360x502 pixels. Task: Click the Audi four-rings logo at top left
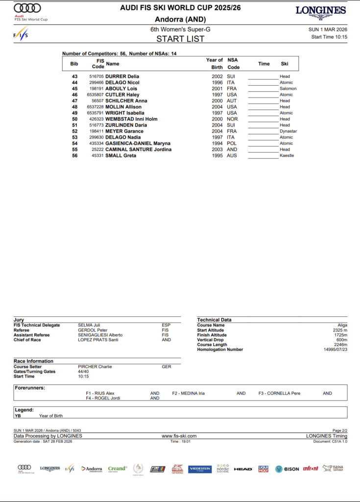[x=27, y=8]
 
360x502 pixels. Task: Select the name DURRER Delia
[x=122, y=76]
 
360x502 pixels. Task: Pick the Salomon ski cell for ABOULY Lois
[x=288, y=89]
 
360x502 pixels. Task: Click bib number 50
[x=74, y=119]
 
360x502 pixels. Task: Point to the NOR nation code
[x=232, y=119]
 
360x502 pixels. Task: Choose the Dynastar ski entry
[x=288, y=131]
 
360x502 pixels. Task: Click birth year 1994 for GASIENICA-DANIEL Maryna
[x=217, y=144]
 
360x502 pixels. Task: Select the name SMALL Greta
[x=120, y=156]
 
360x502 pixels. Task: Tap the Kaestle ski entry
[x=287, y=156]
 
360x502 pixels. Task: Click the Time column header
[x=264, y=64]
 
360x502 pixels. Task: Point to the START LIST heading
[x=180, y=39]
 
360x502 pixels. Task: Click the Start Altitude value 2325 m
[x=339, y=330]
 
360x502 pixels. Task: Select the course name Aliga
[x=342, y=325]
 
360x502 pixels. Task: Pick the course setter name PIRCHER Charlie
[x=95, y=367]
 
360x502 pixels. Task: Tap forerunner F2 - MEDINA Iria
[x=188, y=393]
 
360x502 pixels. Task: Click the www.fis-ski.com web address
[x=179, y=436]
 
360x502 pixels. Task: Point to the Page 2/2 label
[x=339, y=430]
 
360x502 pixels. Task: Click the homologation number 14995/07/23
[x=336, y=350]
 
